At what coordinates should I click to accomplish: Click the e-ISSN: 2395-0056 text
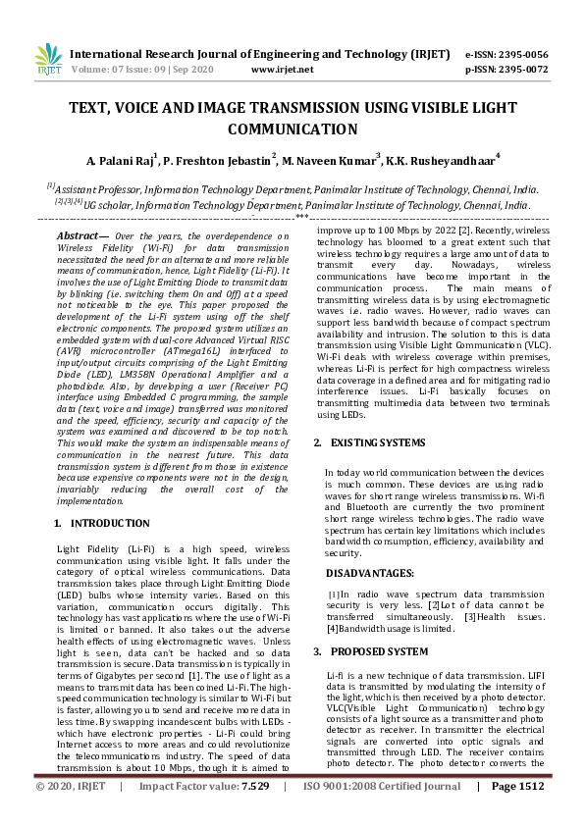click(x=506, y=54)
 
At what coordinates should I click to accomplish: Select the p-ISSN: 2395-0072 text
click(x=506, y=70)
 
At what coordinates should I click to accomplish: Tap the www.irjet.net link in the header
click(x=283, y=70)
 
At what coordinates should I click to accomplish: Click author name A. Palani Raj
click(x=122, y=161)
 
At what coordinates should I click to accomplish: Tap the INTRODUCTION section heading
click(x=111, y=524)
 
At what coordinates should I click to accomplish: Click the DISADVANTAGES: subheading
click(x=369, y=572)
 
